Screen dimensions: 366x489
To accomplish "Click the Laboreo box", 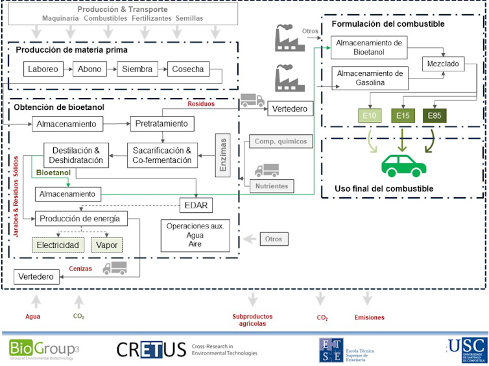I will pos(43,69).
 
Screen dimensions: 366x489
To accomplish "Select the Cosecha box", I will pos(188,69).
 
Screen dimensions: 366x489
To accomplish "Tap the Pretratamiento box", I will pos(161,123).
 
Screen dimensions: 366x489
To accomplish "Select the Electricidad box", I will pos(58,245).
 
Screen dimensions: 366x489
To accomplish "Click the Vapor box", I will pos(106,245).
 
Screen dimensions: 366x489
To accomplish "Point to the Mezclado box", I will pos(442,64).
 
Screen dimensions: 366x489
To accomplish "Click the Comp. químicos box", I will pos(281,141).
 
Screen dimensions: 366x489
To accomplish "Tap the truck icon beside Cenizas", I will pos(114,267).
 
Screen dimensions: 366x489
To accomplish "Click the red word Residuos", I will pos(201,104).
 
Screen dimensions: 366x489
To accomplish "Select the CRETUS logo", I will pos(150,348).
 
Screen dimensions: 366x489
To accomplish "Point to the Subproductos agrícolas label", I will pos(252,320).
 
